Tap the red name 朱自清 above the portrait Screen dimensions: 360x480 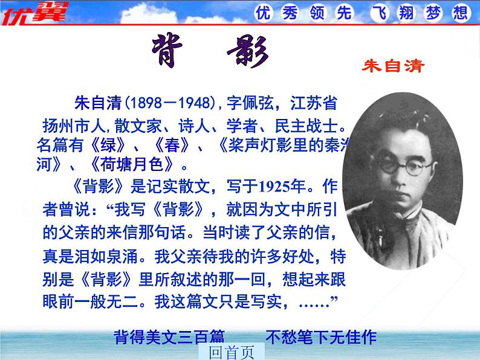394,66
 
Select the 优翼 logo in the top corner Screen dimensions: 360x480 34,12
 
